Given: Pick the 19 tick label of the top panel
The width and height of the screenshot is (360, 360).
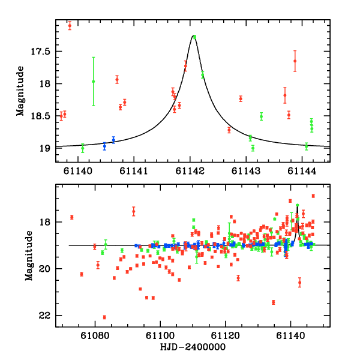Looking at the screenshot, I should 45,148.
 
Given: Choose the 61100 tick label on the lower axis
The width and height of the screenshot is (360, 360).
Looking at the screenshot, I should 161,338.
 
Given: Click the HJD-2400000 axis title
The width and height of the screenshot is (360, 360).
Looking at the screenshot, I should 193,349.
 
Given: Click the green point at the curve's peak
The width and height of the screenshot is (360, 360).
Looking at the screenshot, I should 194,37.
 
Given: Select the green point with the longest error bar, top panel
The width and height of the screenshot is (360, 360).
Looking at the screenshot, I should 93,82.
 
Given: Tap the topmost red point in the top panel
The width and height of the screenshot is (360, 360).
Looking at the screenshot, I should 70,25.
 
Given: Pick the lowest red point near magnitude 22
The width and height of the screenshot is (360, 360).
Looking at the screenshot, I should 104,317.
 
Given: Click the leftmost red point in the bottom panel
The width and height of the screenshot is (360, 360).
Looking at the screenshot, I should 71,217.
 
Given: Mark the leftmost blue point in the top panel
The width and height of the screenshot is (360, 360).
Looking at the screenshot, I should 104,146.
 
